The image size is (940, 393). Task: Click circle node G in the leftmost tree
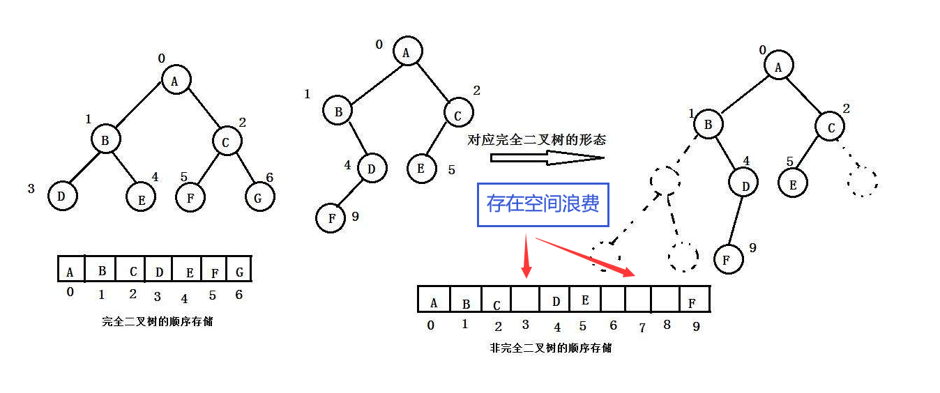click(x=259, y=197)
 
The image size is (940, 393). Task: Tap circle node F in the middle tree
click(x=331, y=218)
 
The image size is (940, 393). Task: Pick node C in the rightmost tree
click(x=831, y=127)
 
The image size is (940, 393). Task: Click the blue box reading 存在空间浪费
click(x=543, y=204)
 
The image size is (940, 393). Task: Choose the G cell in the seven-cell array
click(x=238, y=270)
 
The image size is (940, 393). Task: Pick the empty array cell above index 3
click(x=526, y=300)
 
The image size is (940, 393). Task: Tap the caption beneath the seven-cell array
click(x=157, y=322)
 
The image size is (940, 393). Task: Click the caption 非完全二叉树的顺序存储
click(x=551, y=348)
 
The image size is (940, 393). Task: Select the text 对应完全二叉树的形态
click(x=536, y=140)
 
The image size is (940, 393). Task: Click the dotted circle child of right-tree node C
click(x=862, y=181)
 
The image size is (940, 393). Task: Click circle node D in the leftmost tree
click(x=62, y=196)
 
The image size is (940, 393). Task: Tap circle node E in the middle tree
click(x=422, y=168)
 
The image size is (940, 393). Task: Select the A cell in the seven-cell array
click(x=70, y=270)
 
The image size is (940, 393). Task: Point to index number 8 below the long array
click(x=667, y=325)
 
